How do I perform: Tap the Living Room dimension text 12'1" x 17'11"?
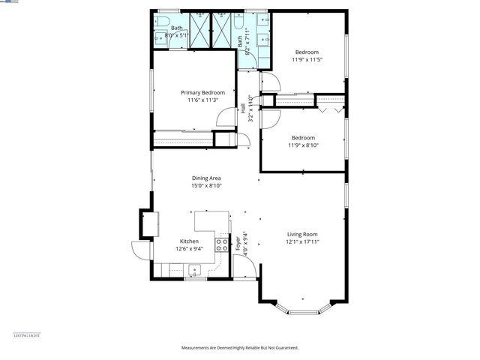[x=302, y=242]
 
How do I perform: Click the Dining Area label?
[x=205, y=178]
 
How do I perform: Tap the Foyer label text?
[x=238, y=242]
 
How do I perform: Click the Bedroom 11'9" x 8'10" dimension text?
[x=303, y=145]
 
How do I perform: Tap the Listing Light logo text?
[x=27, y=335]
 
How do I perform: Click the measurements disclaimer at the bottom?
[x=239, y=347]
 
